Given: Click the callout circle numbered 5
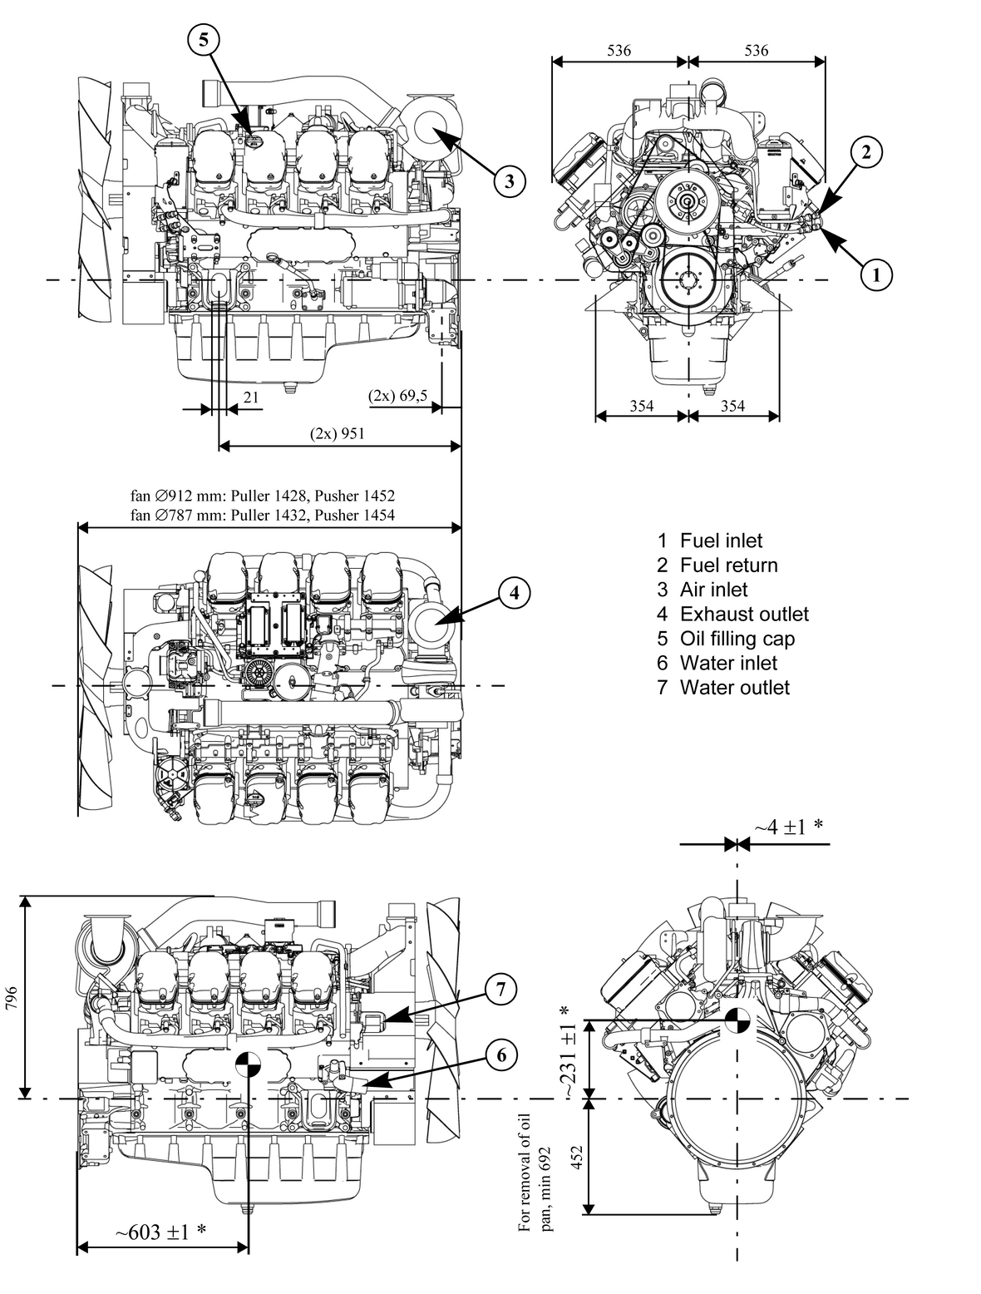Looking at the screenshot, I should pos(204,38).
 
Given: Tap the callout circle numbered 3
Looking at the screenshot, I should pos(509,180).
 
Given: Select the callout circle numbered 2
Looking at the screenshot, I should pos(866,151).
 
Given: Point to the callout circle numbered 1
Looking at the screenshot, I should pos(875,273).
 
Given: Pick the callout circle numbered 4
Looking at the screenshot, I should pos(514,592).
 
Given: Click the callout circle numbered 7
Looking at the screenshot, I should pos(500,990).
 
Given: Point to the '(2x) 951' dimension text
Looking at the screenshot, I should pos(337,433).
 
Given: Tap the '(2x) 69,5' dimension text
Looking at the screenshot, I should pos(397,396).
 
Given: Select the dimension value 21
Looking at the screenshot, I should pos(250,398).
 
